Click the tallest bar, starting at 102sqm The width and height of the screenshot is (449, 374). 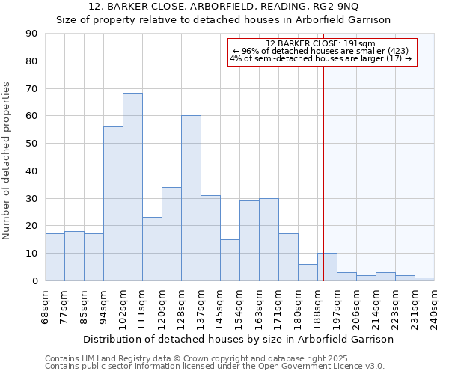(132, 187)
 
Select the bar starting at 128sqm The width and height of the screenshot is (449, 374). (191, 198)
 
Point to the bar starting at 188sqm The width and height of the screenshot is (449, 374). (327, 267)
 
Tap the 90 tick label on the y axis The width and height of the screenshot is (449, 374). (31, 34)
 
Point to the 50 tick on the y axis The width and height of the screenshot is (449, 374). (31, 144)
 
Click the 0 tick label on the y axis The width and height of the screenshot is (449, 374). (34, 280)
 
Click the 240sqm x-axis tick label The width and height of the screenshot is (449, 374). (435, 305)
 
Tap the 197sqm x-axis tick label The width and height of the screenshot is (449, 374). (337, 305)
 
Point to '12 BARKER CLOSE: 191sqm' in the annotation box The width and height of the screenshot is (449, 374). (320, 43)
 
